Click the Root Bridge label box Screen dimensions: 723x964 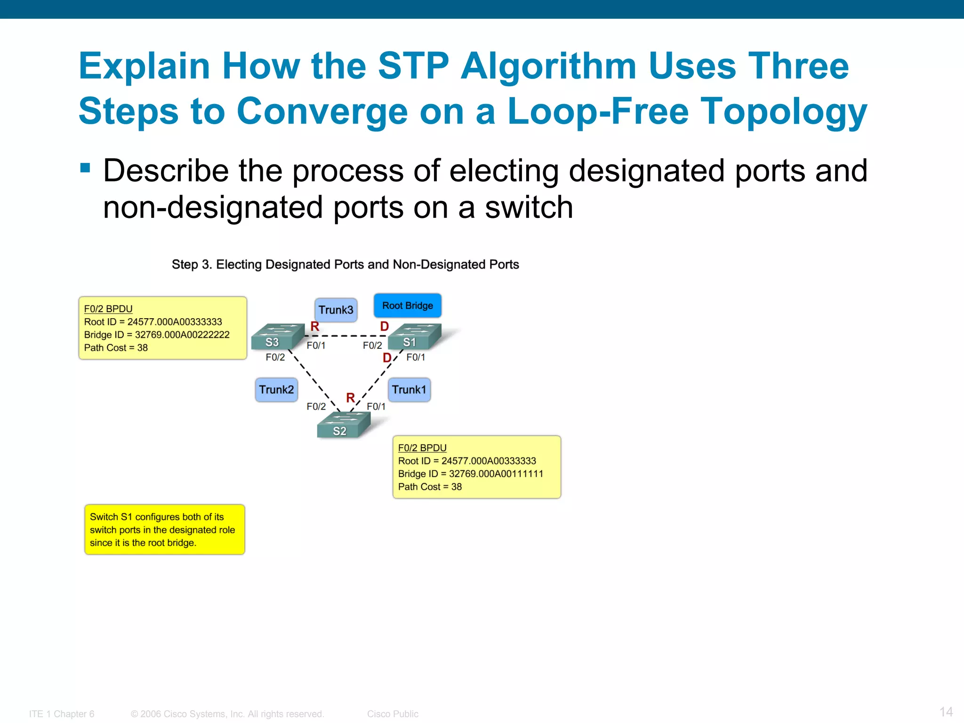click(x=407, y=305)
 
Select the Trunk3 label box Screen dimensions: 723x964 click(x=336, y=310)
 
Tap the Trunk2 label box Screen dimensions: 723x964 click(x=276, y=390)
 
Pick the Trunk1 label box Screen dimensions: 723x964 click(x=409, y=390)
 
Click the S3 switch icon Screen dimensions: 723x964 click(x=276, y=337)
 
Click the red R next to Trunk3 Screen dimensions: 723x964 click(x=315, y=326)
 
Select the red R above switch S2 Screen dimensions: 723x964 click(x=350, y=398)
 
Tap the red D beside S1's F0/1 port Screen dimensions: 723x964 click(x=387, y=358)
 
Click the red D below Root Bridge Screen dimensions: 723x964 click(x=385, y=326)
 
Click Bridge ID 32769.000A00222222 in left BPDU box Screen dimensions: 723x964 click(x=157, y=335)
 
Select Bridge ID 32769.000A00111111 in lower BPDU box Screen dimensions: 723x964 click(x=471, y=474)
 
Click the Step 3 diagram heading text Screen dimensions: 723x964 click(x=345, y=265)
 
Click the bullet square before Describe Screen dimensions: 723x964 click(x=85, y=168)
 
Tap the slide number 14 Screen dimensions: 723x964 click(x=946, y=712)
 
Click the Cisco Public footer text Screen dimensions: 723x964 click(x=393, y=714)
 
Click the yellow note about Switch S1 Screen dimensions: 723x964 click(x=164, y=530)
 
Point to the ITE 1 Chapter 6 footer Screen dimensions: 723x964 click(x=62, y=714)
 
